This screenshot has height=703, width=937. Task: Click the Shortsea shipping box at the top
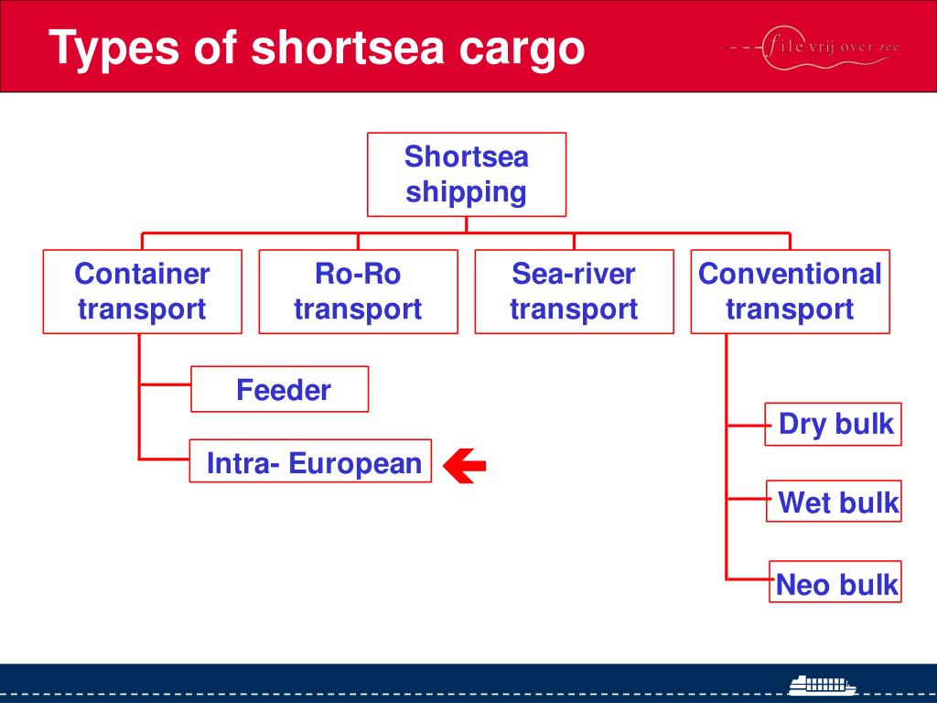pyautogui.click(x=467, y=175)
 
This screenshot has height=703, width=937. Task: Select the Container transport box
pyautogui.click(x=142, y=291)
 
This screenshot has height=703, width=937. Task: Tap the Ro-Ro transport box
pyautogui.click(x=358, y=291)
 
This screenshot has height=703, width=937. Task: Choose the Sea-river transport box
pyautogui.click(x=574, y=291)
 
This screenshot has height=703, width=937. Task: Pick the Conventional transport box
pyautogui.click(x=790, y=291)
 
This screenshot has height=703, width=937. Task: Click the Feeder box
pyautogui.click(x=280, y=390)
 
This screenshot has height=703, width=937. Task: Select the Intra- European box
pyautogui.click(x=310, y=461)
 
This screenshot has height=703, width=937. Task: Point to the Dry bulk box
pyautogui.click(x=834, y=425)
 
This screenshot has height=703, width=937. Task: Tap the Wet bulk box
pyautogui.click(x=835, y=502)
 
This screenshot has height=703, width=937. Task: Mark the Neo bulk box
pyautogui.click(x=835, y=584)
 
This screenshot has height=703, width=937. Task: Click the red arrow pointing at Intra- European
pyautogui.click(x=465, y=466)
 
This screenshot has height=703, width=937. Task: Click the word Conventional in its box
pyautogui.click(x=790, y=274)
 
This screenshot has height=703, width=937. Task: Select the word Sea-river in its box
pyautogui.click(x=574, y=274)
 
